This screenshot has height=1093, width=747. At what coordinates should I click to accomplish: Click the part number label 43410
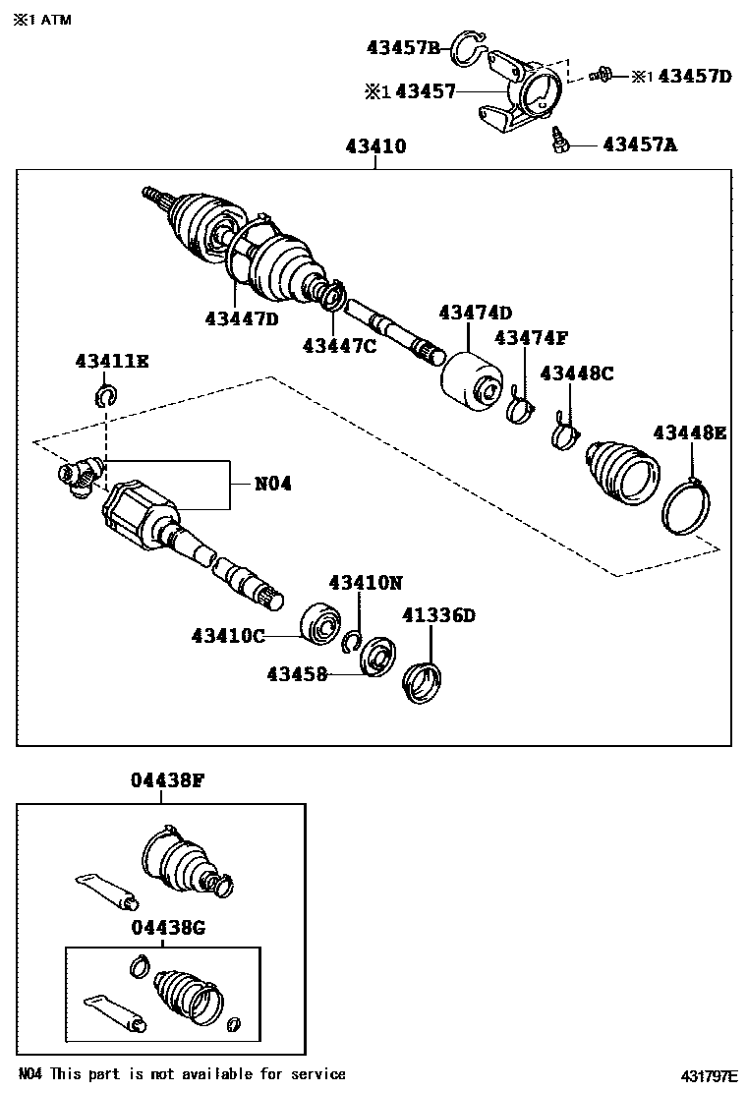coord(375,147)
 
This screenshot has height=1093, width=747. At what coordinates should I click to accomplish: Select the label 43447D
coord(242,317)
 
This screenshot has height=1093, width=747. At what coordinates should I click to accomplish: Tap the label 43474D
coord(475,313)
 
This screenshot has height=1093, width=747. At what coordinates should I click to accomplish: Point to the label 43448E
coord(690,432)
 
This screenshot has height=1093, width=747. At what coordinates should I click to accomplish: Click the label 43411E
coord(111,362)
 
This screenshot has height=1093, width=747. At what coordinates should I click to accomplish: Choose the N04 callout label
coord(273,484)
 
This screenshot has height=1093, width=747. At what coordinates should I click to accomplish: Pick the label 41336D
coord(438,615)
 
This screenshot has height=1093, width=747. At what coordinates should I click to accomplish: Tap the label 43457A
coord(640,144)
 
